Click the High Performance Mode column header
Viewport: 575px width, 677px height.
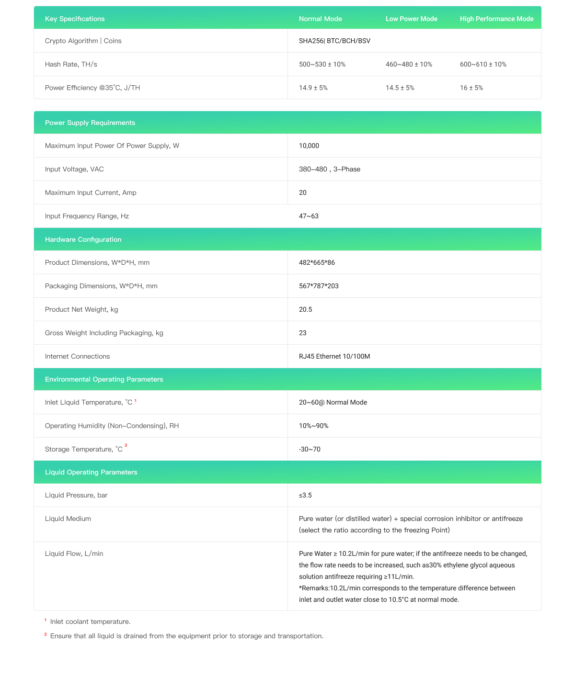pos(496,19)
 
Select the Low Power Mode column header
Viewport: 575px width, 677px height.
pos(411,19)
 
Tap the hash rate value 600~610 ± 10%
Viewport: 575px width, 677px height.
pos(483,64)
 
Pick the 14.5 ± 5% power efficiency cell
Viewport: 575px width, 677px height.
pos(400,88)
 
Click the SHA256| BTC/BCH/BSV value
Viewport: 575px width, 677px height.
pos(334,41)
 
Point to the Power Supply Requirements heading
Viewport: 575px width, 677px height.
pos(90,123)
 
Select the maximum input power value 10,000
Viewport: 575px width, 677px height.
pos(309,146)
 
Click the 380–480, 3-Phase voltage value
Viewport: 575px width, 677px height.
pos(330,169)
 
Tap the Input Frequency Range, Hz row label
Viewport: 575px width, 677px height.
pos(87,216)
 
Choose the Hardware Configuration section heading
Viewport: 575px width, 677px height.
pos(83,239)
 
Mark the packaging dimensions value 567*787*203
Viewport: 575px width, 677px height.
pos(319,286)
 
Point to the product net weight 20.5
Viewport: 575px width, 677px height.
pos(305,309)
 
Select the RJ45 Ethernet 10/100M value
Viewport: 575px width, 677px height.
pos(334,356)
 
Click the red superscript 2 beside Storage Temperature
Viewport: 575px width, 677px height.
pos(126,446)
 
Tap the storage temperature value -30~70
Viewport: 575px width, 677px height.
pos(310,449)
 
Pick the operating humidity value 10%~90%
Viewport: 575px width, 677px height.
pos(313,426)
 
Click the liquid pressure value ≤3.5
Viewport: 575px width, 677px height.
pos(305,495)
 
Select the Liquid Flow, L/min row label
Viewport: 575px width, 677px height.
pos(74,553)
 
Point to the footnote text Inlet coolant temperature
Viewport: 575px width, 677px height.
pos(90,621)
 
